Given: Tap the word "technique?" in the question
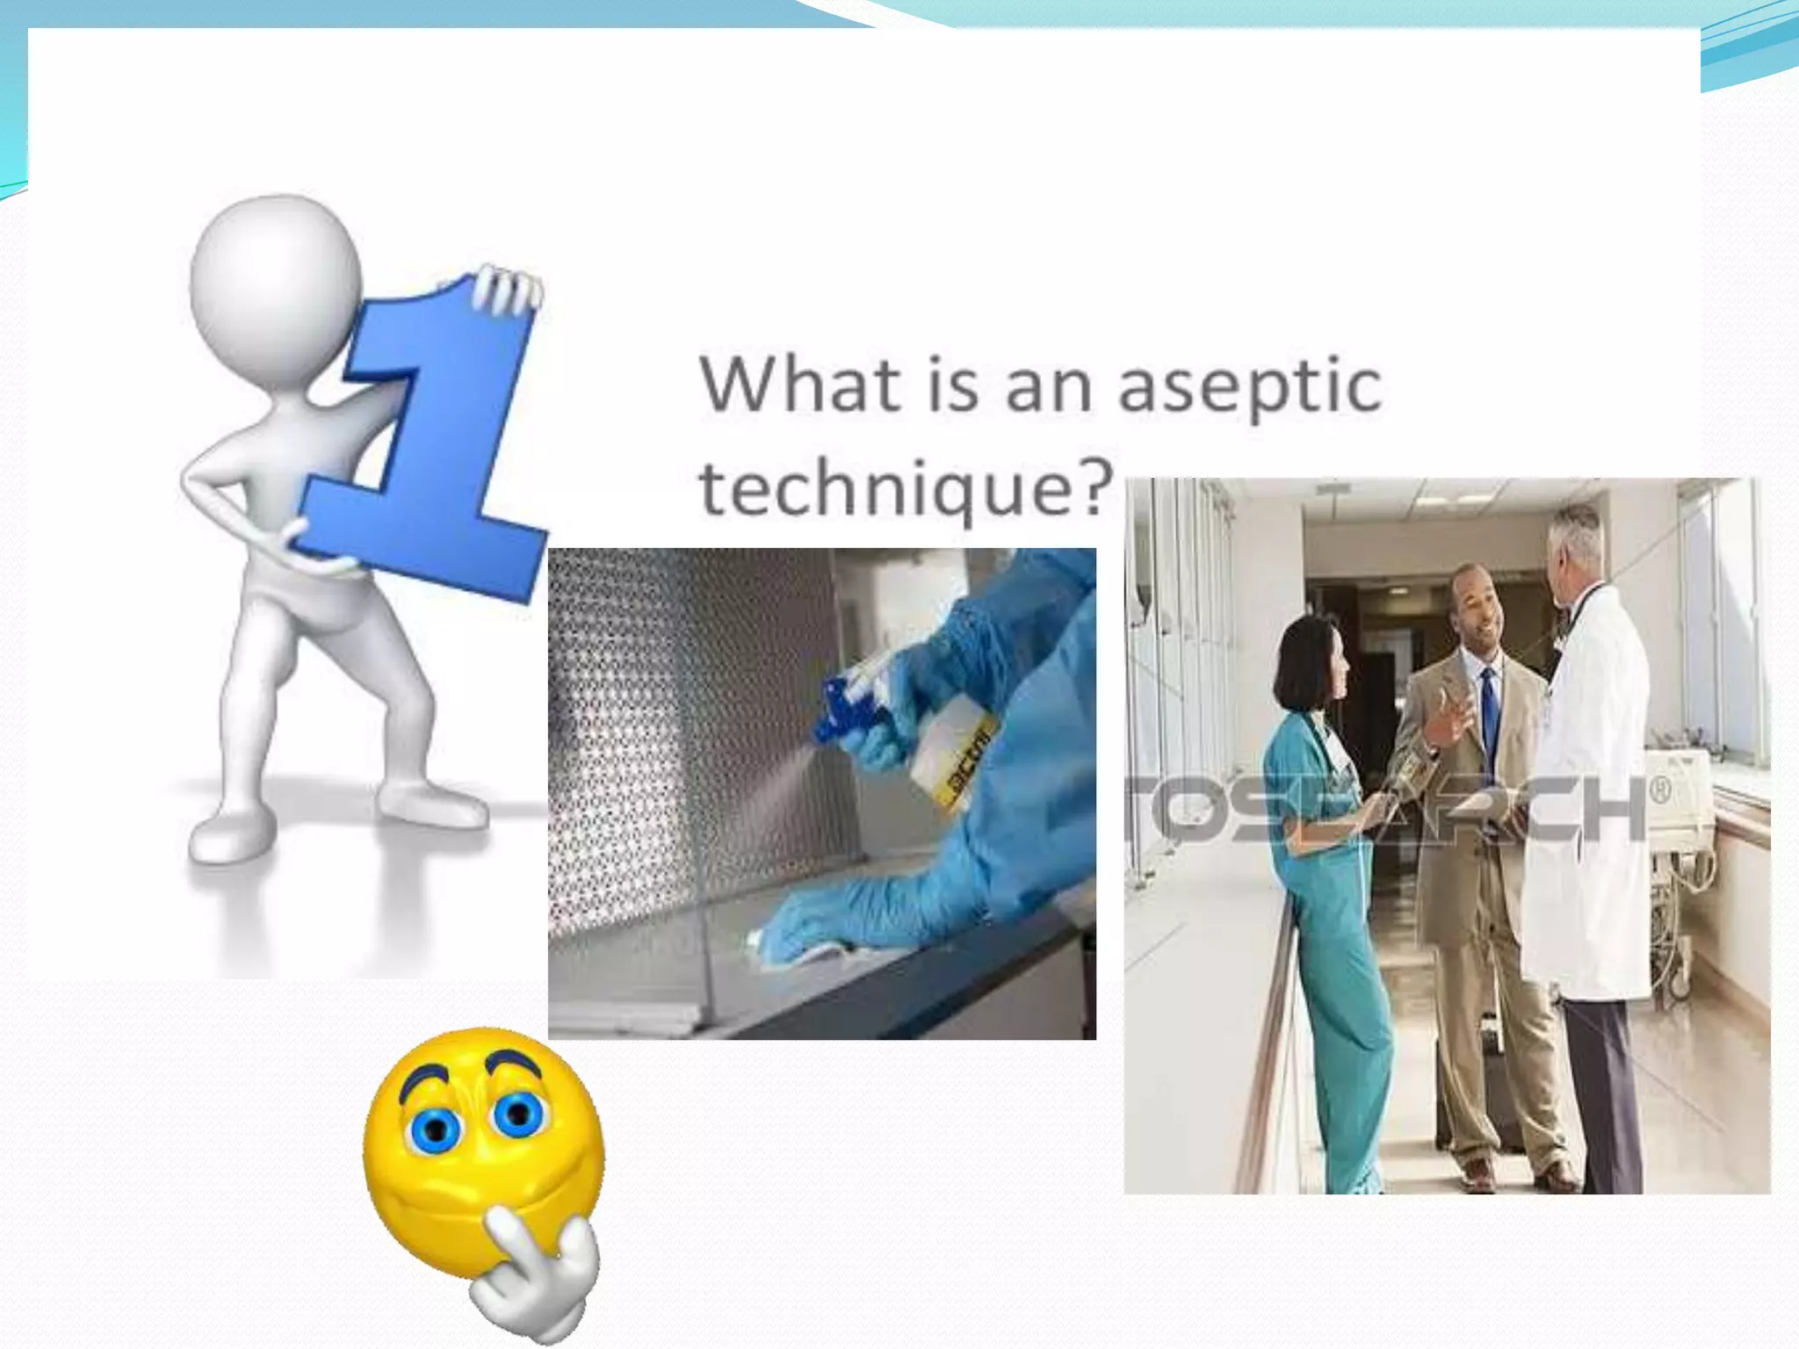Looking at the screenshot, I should pyautogui.click(x=906, y=488).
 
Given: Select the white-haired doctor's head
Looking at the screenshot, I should pyautogui.click(x=1577, y=553).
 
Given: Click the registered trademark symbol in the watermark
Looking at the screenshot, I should pyautogui.click(x=1659, y=790).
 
